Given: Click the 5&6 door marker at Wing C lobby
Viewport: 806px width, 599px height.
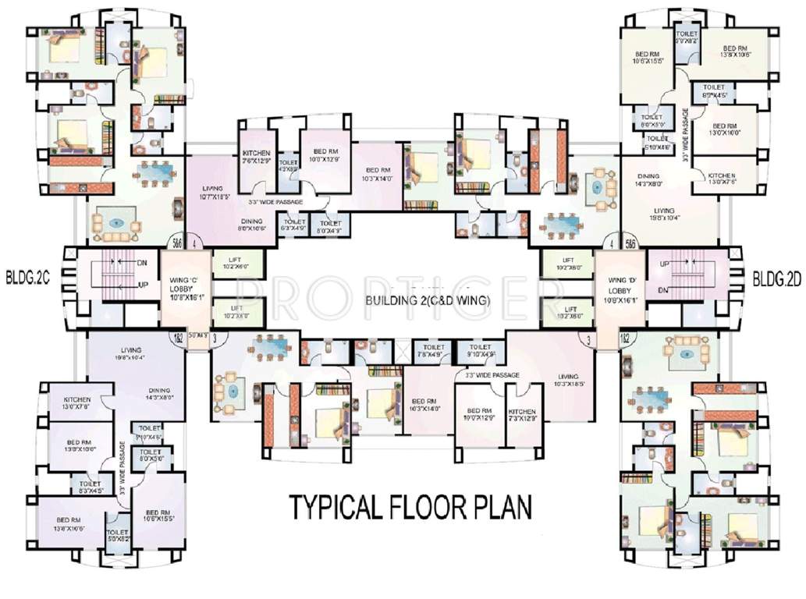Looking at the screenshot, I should (x=177, y=243).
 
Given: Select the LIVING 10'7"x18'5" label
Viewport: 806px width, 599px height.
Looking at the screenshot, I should (x=213, y=193).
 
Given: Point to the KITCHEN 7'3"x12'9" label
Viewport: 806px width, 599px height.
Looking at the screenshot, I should (x=521, y=415).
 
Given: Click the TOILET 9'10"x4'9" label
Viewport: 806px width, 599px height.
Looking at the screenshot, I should (x=481, y=350).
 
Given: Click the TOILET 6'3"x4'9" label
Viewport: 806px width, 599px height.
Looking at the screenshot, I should (x=294, y=226).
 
